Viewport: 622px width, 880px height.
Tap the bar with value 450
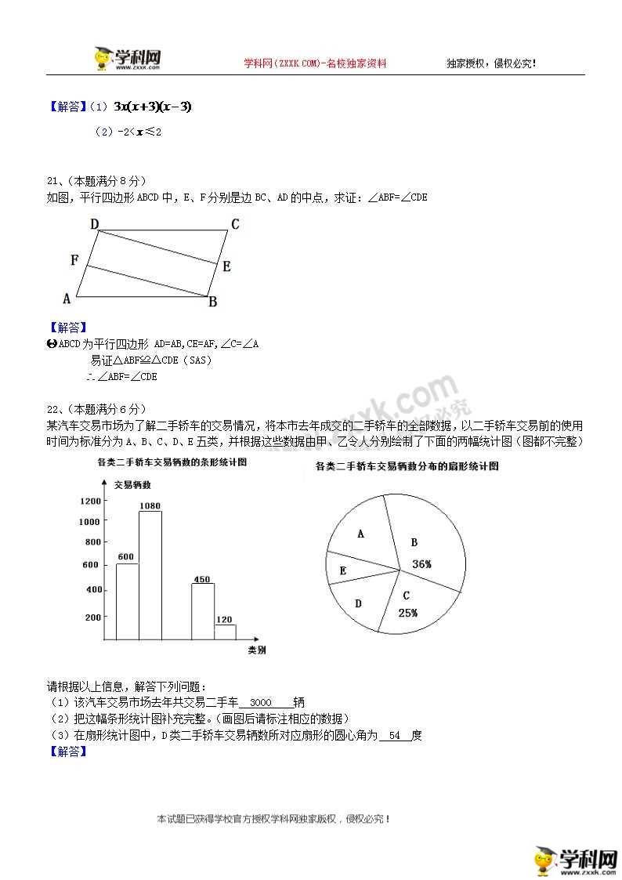click(x=203, y=611)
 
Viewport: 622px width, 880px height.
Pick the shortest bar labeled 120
click(x=225, y=632)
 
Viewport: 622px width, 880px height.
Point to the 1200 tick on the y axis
click(x=90, y=501)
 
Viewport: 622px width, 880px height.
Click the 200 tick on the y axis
click(x=92, y=617)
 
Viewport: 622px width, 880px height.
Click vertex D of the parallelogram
click(x=94, y=225)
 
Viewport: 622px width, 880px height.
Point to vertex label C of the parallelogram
click(x=234, y=225)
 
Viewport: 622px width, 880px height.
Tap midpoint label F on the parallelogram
click(x=74, y=260)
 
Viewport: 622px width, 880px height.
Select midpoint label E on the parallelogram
click(x=226, y=266)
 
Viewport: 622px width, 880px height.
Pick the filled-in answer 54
click(x=394, y=735)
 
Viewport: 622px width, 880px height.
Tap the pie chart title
click(x=407, y=466)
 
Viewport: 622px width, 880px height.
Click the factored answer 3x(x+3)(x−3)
click(x=152, y=107)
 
